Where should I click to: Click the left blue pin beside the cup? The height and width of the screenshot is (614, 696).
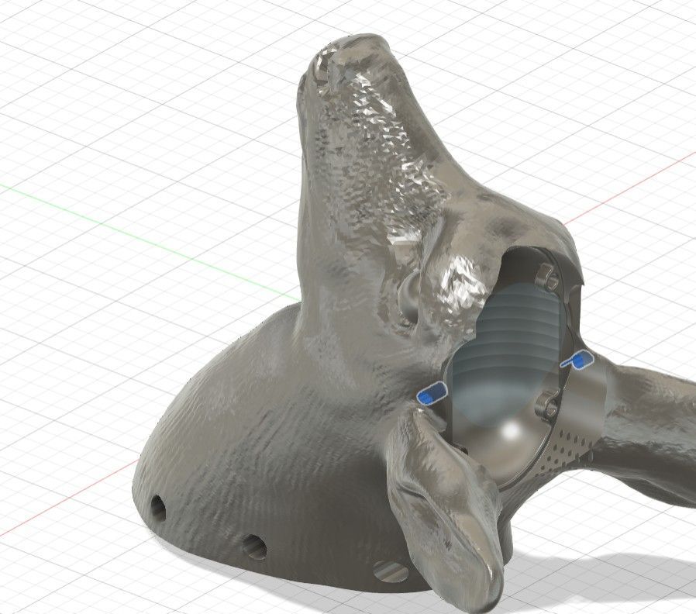tap(431, 395)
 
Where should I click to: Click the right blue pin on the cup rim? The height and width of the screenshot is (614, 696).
tap(577, 360)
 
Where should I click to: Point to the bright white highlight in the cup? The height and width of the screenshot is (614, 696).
tap(513, 430)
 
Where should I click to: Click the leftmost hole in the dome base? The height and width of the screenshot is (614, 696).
tap(157, 508)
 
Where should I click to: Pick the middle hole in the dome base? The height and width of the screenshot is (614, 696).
tap(254, 547)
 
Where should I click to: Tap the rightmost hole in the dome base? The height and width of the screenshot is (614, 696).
tap(391, 573)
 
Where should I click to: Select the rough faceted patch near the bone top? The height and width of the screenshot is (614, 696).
tap(372, 140)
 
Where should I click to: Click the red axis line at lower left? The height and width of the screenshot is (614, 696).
tap(70, 504)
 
